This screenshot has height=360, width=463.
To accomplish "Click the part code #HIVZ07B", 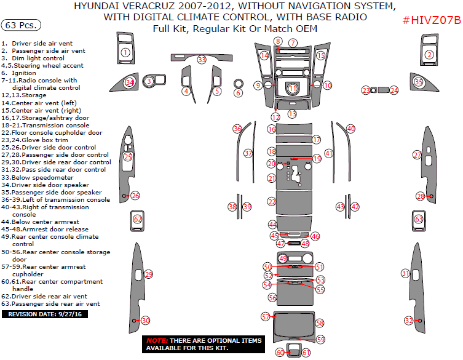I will point(432,21).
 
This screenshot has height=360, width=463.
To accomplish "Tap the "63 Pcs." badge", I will point(22,25).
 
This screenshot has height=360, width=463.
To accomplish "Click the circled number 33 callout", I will point(202,60).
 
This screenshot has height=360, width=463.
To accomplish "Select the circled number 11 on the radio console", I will point(293,89).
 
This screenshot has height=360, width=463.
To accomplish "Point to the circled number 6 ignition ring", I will point(238,93).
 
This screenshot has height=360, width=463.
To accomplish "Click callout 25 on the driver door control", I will point(127,157).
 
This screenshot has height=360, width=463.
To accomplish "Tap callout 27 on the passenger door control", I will point(417,154).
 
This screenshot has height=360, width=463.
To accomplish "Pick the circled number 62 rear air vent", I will point(138,219).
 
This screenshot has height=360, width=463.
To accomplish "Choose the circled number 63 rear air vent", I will point(419,219).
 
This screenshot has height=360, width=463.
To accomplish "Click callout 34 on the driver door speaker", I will point(129,82).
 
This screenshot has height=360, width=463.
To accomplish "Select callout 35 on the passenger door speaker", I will point(419,82).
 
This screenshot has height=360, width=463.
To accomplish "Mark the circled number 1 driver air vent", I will point(125,52).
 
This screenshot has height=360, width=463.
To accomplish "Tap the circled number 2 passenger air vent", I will point(429,55).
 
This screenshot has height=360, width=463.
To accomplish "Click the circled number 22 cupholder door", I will point(272,201).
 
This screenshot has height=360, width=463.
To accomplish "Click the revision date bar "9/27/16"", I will point(46,314).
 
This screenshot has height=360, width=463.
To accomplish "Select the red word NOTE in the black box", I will point(157,340).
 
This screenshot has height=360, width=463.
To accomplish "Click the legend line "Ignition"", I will point(25,73).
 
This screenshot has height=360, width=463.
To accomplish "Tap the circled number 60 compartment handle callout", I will point(280,353).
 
